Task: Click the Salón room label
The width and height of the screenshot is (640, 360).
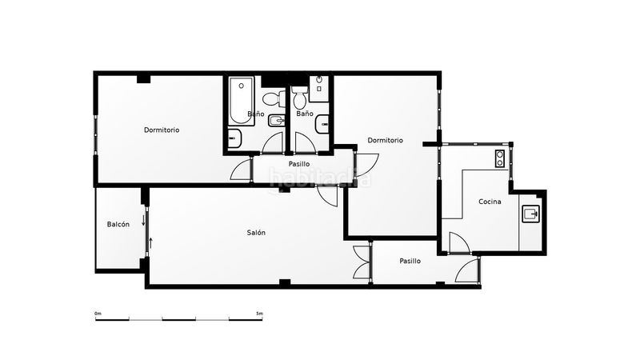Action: [x=256, y=233]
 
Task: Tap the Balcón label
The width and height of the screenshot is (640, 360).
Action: [x=118, y=224]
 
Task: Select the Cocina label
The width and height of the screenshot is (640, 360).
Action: [x=490, y=202]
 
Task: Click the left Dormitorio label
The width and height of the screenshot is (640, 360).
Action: [x=162, y=130]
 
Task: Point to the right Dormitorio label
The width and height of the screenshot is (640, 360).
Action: [x=386, y=141]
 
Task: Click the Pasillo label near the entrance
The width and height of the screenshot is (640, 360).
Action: [x=410, y=261]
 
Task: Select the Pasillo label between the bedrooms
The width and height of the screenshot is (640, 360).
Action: [x=299, y=164]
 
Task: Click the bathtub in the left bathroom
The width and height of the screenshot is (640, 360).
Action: [x=242, y=101]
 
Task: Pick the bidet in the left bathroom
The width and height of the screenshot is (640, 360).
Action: [x=276, y=121]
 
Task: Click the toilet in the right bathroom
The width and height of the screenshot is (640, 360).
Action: [x=300, y=96]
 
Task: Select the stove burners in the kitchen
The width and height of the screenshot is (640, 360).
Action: [x=499, y=158]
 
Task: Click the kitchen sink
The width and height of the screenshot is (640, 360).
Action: [x=531, y=214]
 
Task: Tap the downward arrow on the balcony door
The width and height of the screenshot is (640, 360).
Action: [x=143, y=221]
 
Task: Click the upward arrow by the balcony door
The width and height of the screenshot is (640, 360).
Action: [x=150, y=243]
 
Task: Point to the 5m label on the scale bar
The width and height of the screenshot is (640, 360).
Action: [x=259, y=314]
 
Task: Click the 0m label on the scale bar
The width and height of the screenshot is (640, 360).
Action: [x=98, y=314]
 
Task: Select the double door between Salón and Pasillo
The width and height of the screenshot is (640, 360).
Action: [x=362, y=262]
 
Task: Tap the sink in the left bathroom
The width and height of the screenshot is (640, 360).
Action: [x=234, y=138]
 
